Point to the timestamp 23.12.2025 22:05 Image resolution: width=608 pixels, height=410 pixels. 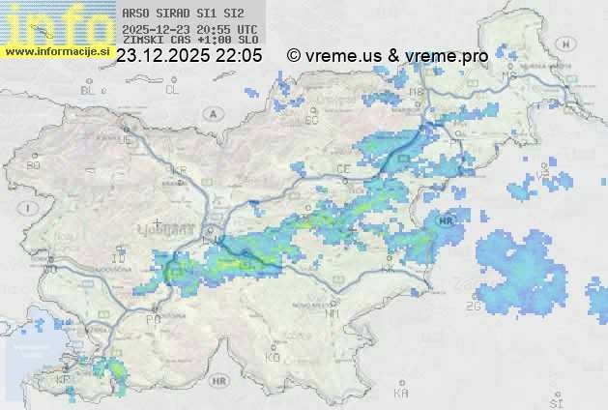pos(188,56)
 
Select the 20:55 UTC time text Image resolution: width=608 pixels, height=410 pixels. pos(227,29)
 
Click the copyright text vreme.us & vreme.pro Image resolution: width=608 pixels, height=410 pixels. pos(388,56)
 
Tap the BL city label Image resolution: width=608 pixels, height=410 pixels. pos(90,90)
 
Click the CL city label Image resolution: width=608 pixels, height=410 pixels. pos(173,90)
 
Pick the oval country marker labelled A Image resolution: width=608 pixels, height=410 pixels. pos(211,113)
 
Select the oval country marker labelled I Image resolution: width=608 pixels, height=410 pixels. pos(32,208)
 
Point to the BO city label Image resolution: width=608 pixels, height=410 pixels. pos(35,165)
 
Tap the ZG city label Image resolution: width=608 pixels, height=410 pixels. pos(474,307)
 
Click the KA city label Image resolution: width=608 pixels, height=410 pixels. pos(401,393)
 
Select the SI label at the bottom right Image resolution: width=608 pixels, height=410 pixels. pos(556,399)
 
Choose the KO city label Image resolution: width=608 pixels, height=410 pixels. pos(273,357)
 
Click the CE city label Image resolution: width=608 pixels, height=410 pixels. pos(342,168)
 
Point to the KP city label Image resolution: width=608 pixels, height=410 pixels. pos(64,379)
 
